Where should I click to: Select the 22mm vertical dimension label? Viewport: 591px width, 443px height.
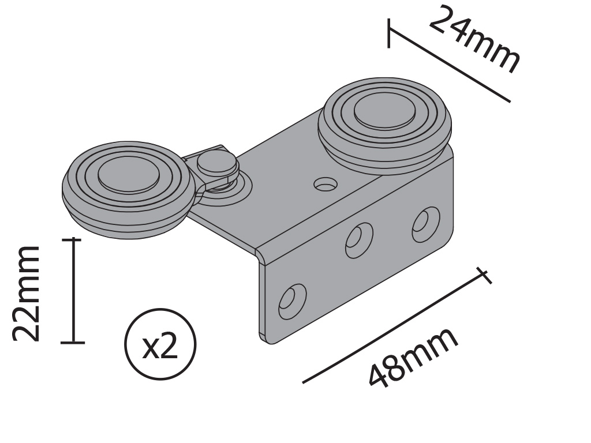(27, 293)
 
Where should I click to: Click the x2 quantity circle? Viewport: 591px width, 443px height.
(160, 344)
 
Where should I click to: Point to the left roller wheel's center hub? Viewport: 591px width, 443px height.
(128, 174)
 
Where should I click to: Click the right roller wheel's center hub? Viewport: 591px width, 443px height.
(384, 110)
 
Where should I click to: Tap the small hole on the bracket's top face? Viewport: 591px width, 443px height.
(326, 185)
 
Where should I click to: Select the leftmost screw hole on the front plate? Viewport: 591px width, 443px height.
(292, 301)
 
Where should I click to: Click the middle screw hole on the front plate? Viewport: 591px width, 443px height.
(359, 239)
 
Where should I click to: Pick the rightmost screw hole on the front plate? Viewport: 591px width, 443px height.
(425, 224)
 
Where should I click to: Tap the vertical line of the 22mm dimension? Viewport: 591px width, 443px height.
(73, 291)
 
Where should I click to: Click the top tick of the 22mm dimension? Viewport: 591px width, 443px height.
(73, 239)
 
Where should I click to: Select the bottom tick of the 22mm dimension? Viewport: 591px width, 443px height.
(73, 343)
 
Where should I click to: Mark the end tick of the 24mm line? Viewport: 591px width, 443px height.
(388, 33)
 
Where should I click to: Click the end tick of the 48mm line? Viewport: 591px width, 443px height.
(484, 276)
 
